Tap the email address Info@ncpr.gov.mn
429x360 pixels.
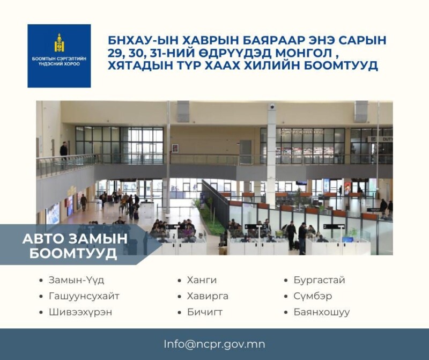[x=214, y=344]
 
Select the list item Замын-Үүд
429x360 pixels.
[x=76, y=280]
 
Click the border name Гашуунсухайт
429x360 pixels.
[x=84, y=296]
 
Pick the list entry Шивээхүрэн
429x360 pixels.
[x=80, y=312]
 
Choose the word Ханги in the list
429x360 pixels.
[x=202, y=280]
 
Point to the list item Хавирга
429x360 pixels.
[x=208, y=296]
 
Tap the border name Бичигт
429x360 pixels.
[x=205, y=312]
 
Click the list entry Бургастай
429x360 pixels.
[x=319, y=280]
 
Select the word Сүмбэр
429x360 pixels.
[x=313, y=296]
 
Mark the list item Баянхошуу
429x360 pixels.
[x=322, y=312]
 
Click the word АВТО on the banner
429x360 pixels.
[x=43, y=238]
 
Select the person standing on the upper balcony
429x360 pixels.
[x=63, y=150]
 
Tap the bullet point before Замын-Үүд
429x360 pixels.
[x=41, y=281]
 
